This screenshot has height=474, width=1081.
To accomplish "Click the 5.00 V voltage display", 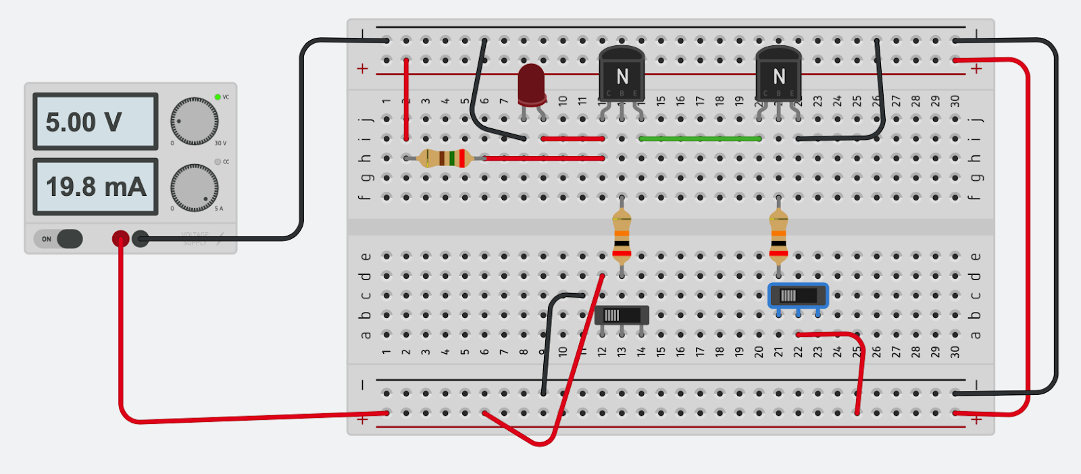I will [x=95, y=122].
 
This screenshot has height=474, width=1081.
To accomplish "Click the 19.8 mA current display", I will [x=95, y=187].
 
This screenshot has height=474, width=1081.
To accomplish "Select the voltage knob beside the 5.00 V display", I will [x=194, y=122].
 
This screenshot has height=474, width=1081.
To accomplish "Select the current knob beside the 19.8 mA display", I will [x=194, y=187].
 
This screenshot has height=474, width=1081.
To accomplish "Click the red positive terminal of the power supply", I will [x=120, y=238].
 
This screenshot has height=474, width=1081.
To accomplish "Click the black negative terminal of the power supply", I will [x=141, y=238].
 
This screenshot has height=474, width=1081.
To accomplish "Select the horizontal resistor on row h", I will [x=445, y=158].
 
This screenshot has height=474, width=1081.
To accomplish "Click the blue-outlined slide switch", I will [x=798, y=296].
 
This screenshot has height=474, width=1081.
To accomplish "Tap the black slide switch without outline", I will [x=622, y=315].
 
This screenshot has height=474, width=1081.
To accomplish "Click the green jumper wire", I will [x=700, y=138].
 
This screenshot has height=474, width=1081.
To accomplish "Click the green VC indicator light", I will [x=218, y=97].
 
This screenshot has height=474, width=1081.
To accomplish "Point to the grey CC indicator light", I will [x=218, y=162].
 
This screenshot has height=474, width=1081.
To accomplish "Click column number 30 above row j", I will [x=955, y=101].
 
